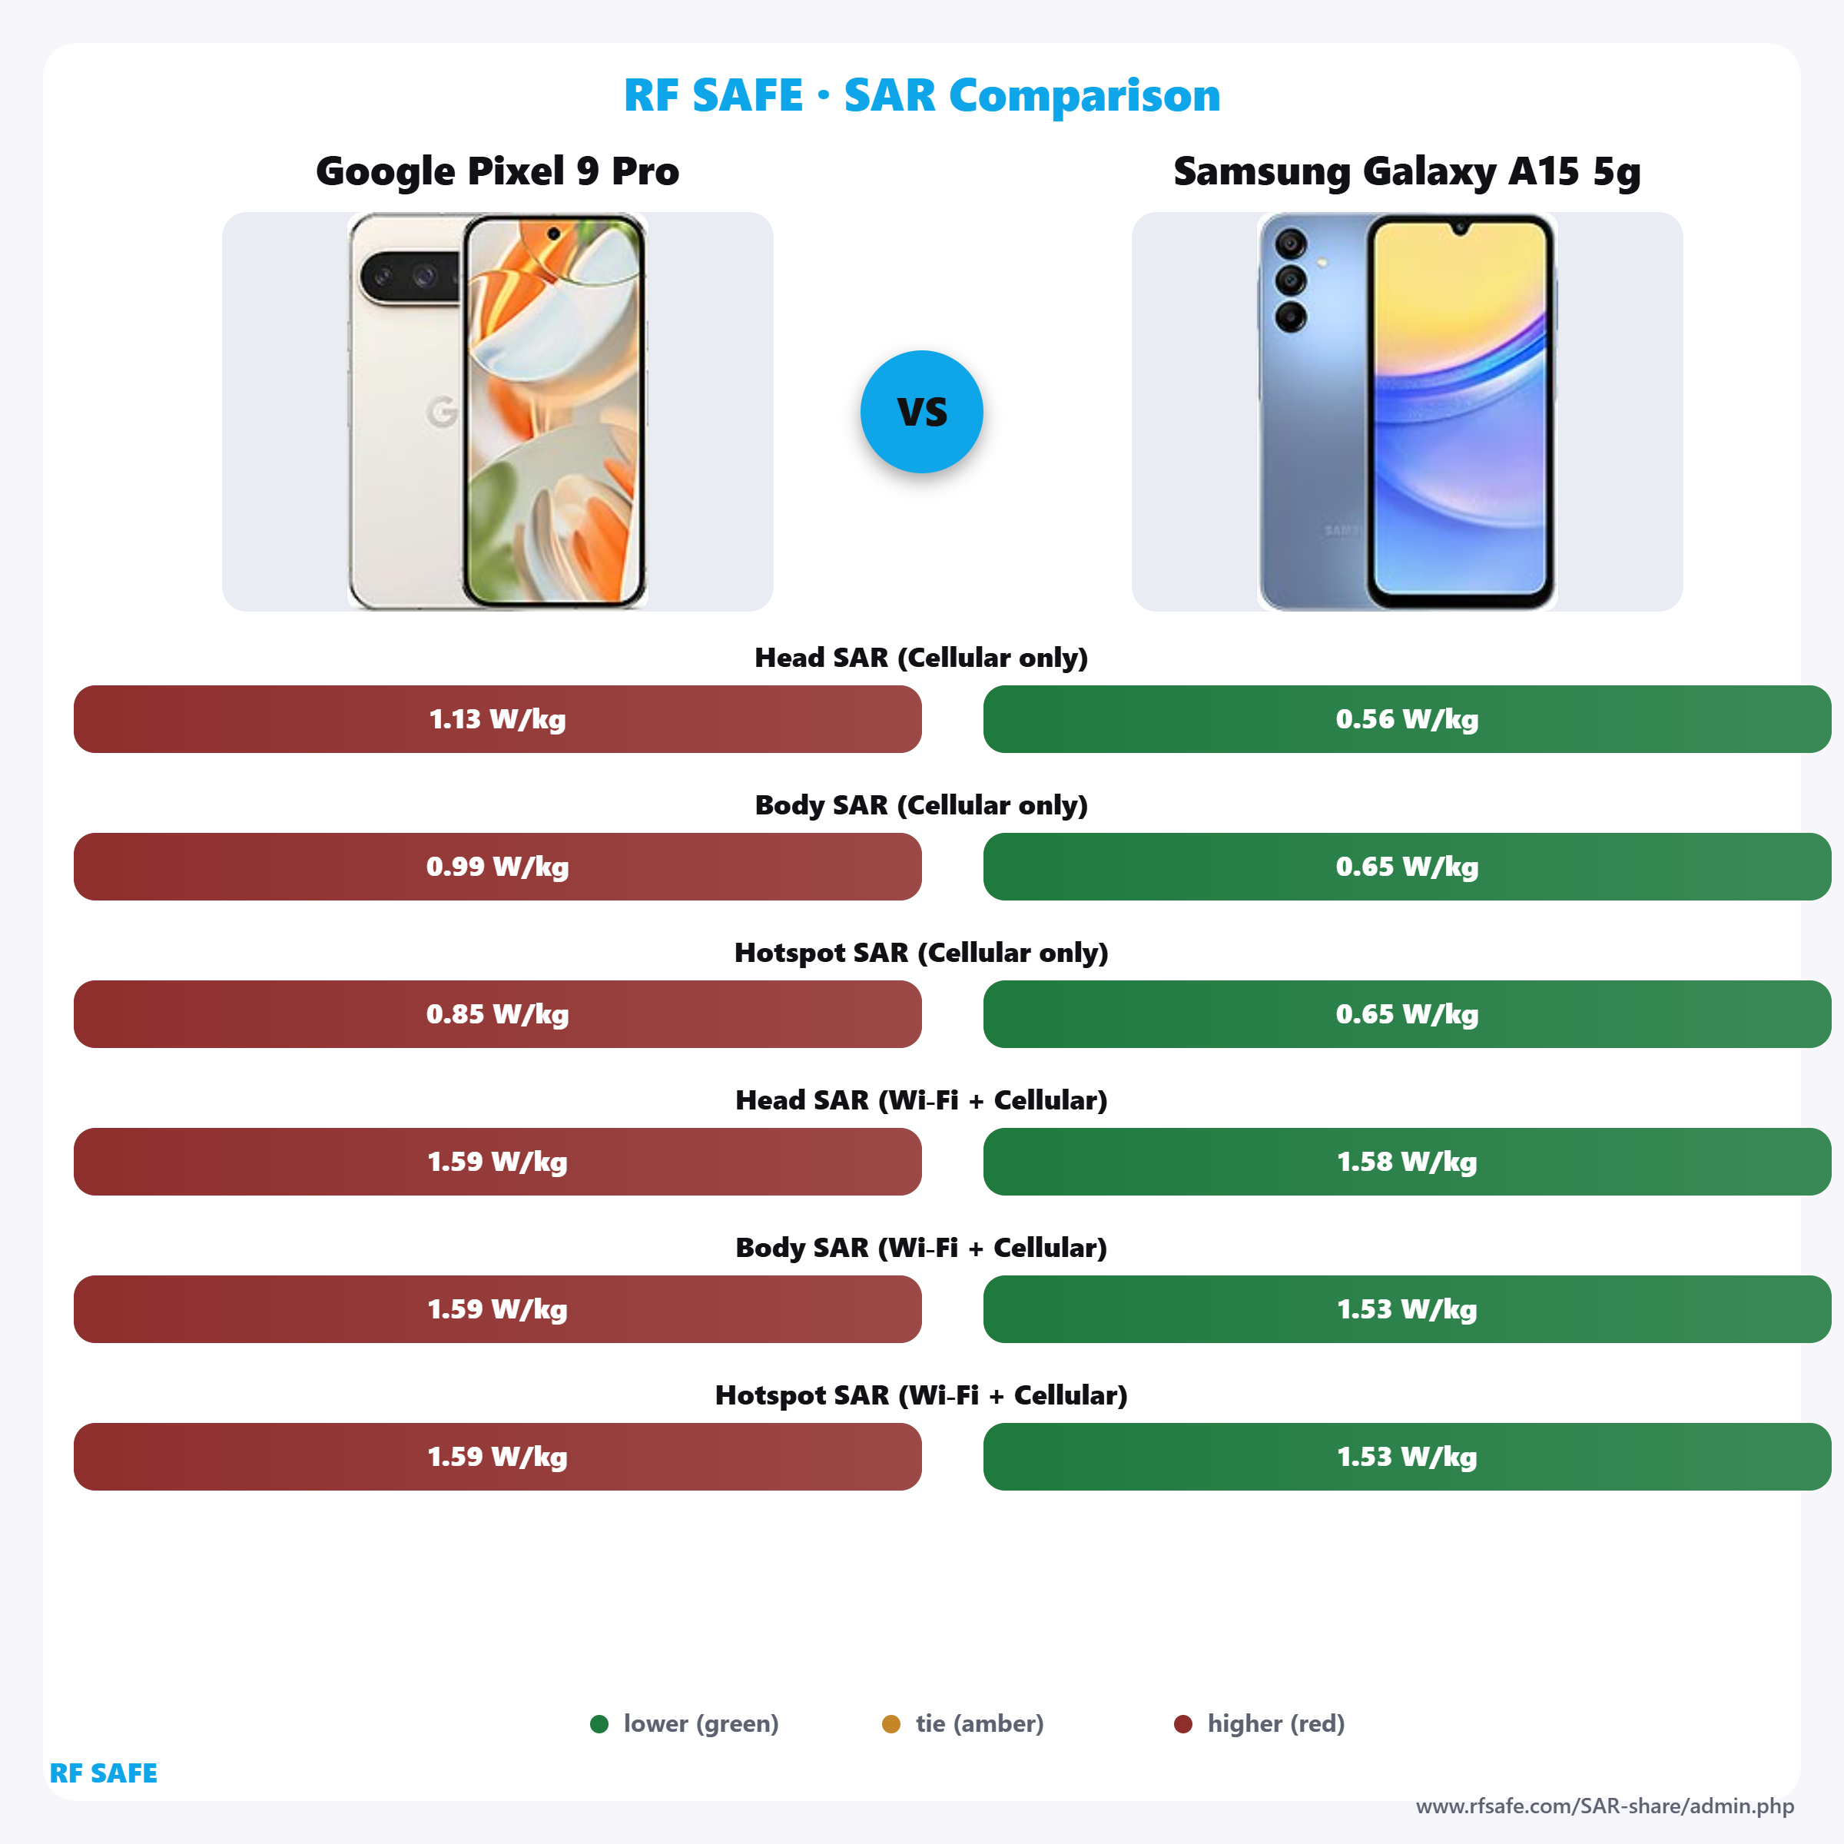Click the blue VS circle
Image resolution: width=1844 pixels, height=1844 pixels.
[x=921, y=411]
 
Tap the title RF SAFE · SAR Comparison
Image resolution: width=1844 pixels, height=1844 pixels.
[x=921, y=95]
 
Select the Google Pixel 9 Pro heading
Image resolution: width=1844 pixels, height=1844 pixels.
[x=497, y=172]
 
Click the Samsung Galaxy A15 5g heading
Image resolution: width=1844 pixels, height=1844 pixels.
[x=1406, y=172]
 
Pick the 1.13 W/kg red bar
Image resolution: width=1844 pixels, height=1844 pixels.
[x=497, y=718]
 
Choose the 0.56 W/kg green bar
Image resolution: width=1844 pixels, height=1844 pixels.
[x=1406, y=718]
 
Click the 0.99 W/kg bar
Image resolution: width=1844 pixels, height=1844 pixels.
[x=497, y=867]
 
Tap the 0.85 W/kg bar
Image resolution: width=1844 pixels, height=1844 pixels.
[x=497, y=1013]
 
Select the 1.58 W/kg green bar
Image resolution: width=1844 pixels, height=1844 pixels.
[x=1406, y=1162]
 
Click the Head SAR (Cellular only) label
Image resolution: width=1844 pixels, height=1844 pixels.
[x=921, y=658]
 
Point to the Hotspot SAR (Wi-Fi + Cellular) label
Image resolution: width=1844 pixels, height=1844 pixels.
[x=921, y=1395]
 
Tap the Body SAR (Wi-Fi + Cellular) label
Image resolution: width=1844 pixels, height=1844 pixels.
[x=921, y=1248]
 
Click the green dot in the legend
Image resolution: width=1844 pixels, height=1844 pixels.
[x=599, y=1723]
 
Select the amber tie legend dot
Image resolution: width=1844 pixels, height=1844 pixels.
[x=890, y=1723]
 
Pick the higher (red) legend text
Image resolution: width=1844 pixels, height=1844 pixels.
[x=1275, y=1723]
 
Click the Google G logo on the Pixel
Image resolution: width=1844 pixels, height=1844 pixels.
[x=442, y=411]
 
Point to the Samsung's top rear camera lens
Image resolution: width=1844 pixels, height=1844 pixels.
[x=1291, y=244]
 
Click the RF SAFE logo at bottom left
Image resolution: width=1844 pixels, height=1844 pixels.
[x=103, y=1773]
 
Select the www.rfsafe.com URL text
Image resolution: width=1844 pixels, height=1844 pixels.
[x=1604, y=1806]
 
